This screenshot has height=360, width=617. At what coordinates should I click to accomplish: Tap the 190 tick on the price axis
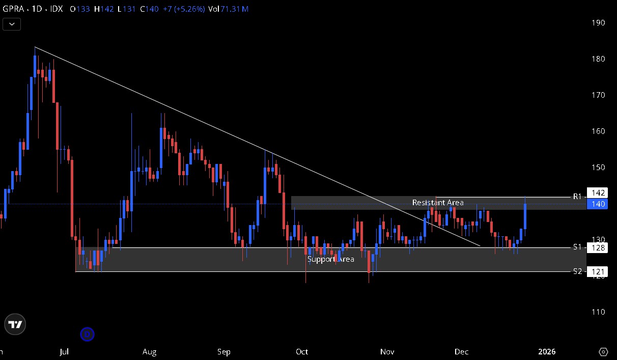tap(598, 23)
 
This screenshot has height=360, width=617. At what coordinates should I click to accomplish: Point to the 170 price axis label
tap(598, 95)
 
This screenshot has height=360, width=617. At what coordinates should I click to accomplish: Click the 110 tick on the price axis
tap(598, 312)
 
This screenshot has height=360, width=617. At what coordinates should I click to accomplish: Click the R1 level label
tap(577, 196)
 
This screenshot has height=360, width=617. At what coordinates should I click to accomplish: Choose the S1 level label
tap(577, 247)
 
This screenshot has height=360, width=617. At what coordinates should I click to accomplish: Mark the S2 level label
tap(577, 271)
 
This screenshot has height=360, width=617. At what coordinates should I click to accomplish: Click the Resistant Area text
tap(438, 203)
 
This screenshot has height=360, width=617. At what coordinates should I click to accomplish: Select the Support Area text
tap(330, 259)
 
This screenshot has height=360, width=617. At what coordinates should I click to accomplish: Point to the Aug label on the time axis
tap(149, 352)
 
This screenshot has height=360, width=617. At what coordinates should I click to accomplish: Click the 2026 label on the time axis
tap(547, 352)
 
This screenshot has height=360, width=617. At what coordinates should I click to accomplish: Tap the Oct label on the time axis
tap(302, 352)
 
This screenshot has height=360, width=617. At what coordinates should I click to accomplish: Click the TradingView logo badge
tap(15, 324)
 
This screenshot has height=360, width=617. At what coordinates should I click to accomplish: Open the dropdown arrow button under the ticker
tap(12, 24)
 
